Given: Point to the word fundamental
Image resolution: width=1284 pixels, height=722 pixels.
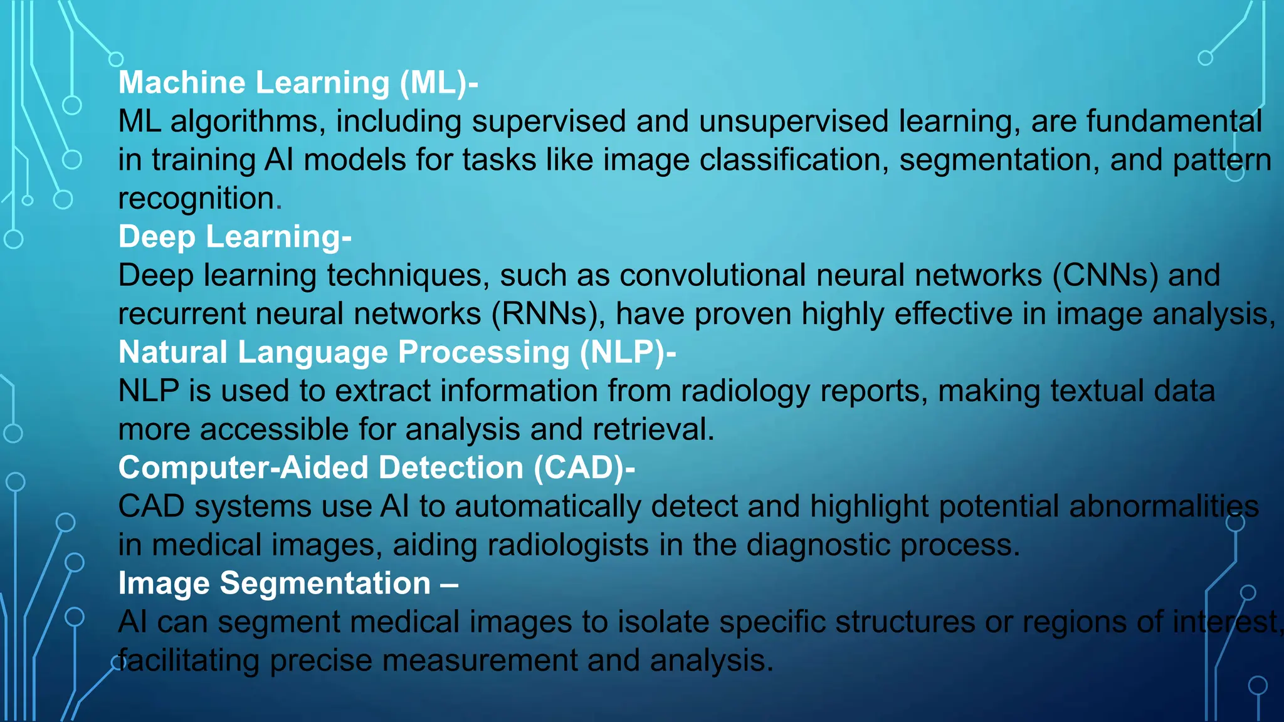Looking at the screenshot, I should coord(1174,122).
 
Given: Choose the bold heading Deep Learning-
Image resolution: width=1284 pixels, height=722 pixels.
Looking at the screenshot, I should coord(235,237).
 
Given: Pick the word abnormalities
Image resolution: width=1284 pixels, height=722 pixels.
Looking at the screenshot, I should coord(1164,507).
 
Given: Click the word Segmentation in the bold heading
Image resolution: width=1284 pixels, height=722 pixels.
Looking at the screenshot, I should coord(325,584).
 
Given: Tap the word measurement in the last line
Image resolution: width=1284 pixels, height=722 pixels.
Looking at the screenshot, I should coord(479,661).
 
